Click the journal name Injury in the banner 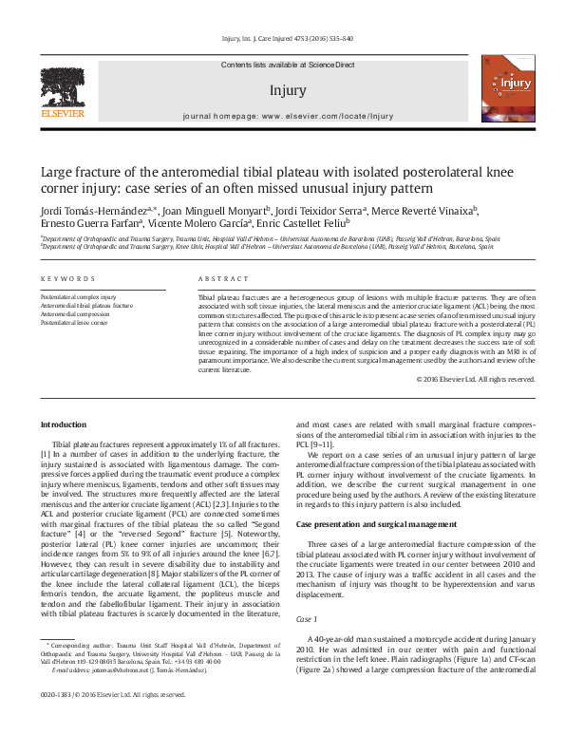pyautogui.click(x=287, y=91)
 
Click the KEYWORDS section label pyautogui.click(x=67, y=278)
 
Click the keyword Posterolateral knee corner pyautogui.click(x=75, y=323)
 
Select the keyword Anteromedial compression pyautogui.click(x=74, y=314)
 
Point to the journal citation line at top pyautogui.click(x=287, y=38)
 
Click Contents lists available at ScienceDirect pyautogui.click(x=287, y=64)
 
